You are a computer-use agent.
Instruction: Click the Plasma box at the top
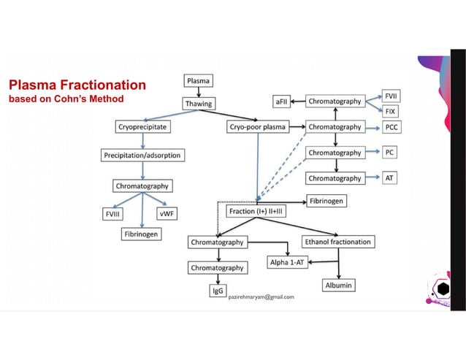199,80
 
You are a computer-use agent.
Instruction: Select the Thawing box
199,103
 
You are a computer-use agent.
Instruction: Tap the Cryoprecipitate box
142,126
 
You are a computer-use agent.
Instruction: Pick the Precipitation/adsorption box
142,155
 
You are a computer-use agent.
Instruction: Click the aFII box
283,101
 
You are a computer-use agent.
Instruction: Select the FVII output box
391,95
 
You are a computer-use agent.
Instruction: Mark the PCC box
392,126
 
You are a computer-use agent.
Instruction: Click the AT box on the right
391,177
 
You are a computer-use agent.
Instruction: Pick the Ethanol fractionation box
337,241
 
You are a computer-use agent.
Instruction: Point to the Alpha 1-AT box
289,262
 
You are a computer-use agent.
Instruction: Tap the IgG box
217,291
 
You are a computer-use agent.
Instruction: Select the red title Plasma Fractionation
77,85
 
